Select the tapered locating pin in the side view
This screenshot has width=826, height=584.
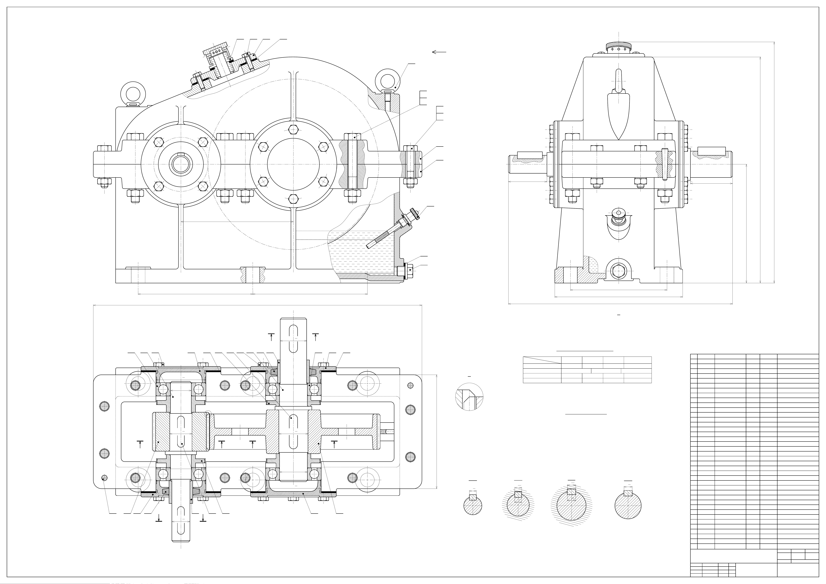664,164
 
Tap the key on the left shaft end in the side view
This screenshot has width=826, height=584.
530,156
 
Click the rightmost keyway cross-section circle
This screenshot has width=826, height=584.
628,505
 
